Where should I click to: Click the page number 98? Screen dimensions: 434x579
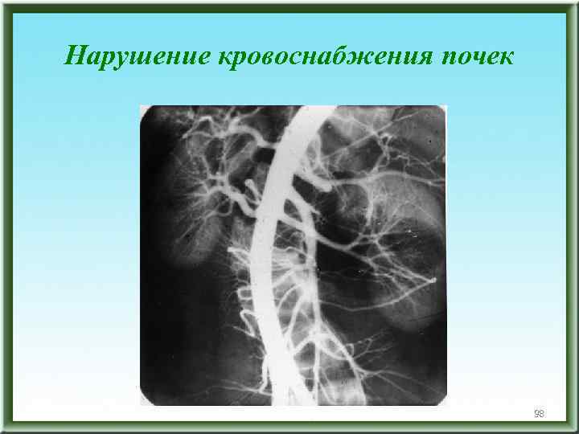pyautogui.click(x=539, y=414)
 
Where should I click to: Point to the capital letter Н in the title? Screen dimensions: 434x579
pyautogui.click(x=75, y=55)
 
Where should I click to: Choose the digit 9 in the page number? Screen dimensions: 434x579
pyautogui.click(x=536, y=414)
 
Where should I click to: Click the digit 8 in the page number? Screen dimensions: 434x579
pyautogui.click(x=542, y=414)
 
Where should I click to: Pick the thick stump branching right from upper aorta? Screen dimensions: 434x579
pyautogui.click(x=318, y=183)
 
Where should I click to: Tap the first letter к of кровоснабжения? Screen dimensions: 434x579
pyautogui.click(x=224, y=55)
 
